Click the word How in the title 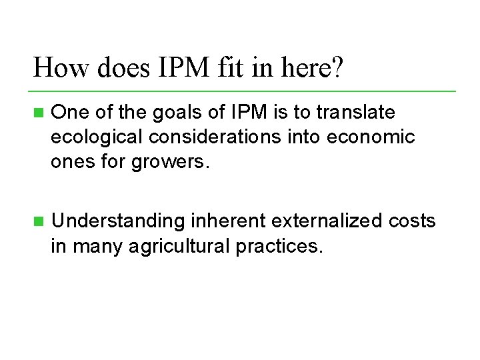tap(57, 68)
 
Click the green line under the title tap(243, 91)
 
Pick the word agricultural tap(178, 247)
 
